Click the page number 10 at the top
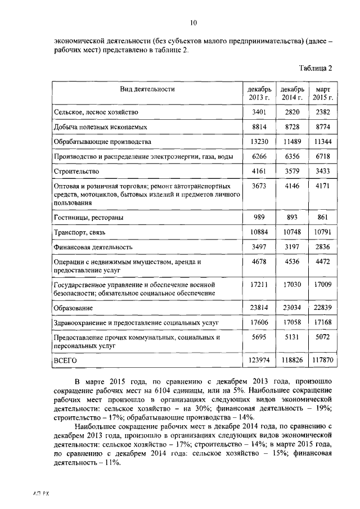point(193,22)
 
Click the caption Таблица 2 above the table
point(316,68)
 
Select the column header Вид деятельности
point(147,89)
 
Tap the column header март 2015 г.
point(323,93)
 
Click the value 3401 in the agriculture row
point(259,112)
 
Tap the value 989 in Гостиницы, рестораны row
point(259,217)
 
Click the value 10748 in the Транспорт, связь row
point(291,232)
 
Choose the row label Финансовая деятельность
point(93,246)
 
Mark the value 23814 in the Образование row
point(259,308)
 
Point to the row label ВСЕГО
point(65,359)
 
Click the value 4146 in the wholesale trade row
point(291,186)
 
